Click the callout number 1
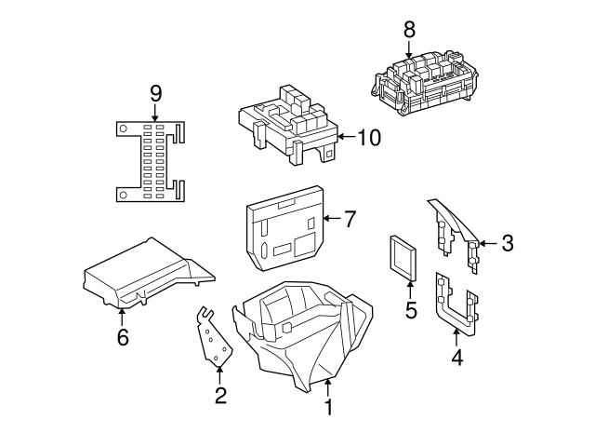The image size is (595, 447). click(328, 407)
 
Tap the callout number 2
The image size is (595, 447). click(220, 396)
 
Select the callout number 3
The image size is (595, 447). click(508, 243)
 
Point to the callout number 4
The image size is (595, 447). click(457, 358)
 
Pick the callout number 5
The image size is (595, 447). click(411, 310)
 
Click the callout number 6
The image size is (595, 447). click(123, 336)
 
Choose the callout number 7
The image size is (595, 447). click(350, 219)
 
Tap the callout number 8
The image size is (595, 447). click(409, 29)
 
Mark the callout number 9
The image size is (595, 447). click(155, 93)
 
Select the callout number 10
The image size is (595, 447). click(369, 137)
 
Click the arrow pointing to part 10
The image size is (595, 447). click(347, 137)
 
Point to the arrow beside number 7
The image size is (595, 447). click(332, 219)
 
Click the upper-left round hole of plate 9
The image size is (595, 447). click(123, 129)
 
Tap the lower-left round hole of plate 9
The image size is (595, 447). click(123, 195)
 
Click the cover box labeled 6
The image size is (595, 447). click(148, 272)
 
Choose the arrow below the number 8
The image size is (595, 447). click(409, 49)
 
